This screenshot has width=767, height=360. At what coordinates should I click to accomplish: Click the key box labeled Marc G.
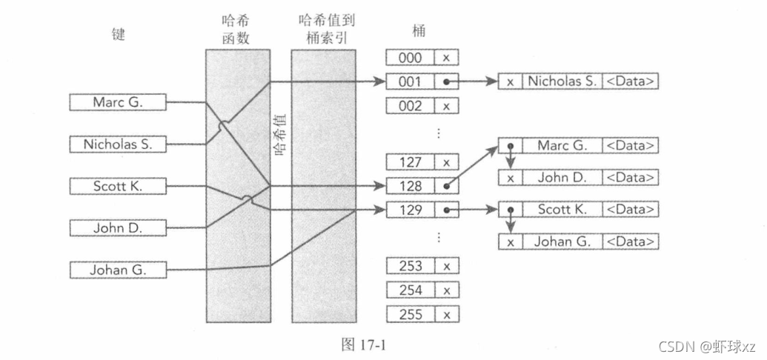pos(118,103)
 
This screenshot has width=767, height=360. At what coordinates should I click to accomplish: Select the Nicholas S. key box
pos(118,144)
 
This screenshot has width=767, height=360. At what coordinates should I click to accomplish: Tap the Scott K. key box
pos(118,187)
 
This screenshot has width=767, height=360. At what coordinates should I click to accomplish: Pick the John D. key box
pos(118,228)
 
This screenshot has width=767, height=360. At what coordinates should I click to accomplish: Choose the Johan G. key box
pos(118,270)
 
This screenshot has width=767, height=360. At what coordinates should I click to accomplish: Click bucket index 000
pos(410,58)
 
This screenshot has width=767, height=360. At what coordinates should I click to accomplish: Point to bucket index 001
pos(410,81)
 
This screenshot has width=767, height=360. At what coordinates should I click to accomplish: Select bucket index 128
pos(410,186)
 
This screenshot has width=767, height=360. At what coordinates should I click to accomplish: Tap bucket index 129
pos(410,210)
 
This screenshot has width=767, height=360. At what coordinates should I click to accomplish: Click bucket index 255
pos(410,313)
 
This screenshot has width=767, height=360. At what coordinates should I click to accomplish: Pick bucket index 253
pos(410,266)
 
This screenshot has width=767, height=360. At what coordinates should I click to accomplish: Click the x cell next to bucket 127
pos(446,162)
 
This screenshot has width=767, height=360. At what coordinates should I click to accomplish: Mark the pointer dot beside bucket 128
pos(446,187)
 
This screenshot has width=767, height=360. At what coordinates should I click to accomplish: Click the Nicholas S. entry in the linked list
pos(562,81)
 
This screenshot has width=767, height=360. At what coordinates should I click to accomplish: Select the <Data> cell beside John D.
pos(630,178)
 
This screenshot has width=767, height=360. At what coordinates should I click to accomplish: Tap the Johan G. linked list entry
pos(562,241)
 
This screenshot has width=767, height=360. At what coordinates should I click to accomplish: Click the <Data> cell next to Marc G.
pos(630,145)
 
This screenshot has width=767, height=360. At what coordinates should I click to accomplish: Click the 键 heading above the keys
pos(117,35)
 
